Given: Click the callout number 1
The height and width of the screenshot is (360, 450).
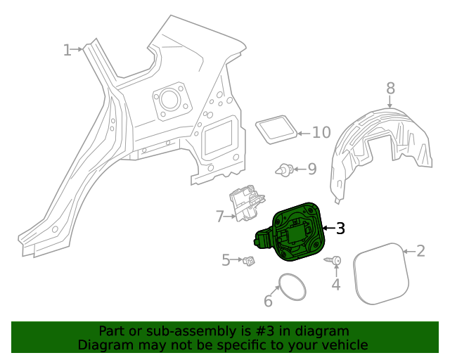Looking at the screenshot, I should [67, 50].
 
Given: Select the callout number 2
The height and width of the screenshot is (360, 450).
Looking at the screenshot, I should [420, 251].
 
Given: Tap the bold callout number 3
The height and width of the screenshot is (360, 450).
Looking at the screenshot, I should [340, 228].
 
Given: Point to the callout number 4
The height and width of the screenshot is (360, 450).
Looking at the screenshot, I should [336, 284].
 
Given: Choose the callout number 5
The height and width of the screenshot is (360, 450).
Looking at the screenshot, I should [226, 260].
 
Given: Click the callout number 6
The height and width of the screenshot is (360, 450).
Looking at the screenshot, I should [268, 302].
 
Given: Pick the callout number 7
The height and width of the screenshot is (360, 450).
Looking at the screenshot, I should [219, 217].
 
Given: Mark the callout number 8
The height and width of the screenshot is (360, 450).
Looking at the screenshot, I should [390, 88].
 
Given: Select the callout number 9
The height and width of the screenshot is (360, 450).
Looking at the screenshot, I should [311, 169].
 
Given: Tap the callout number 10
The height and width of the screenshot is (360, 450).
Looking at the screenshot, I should [321, 132].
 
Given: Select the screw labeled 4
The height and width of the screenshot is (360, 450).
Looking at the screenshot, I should [333, 261].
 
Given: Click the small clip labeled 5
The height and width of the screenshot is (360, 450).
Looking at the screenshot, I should [248, 262].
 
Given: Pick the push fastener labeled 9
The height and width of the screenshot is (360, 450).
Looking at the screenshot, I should [284, 169].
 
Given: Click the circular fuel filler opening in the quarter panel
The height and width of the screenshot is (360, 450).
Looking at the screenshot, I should [169, 100].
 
